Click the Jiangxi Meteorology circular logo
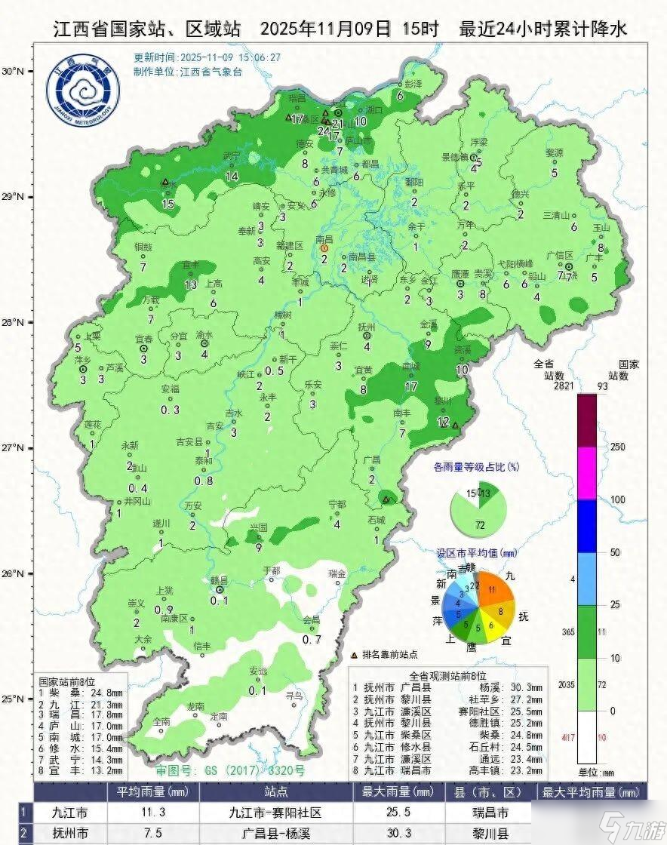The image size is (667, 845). pyautogui.click(x=84, y=94)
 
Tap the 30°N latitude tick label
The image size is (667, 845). pyautogui.click(x=14, y=71)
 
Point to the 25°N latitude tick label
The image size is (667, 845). pyautogui.click(x=14, y=699)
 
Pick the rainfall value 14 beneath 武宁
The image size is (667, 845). pyautogui.click(x=231, y=176)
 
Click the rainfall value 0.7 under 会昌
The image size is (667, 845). pyautogui.click(x=312, y=639)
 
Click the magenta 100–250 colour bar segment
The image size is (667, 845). pyautogui.click(x=587, y=473)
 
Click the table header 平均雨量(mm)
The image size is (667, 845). pyautogui.click(x=150, y=792)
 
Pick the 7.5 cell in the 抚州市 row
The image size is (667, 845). pyautogui.click(x=150, y=833)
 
